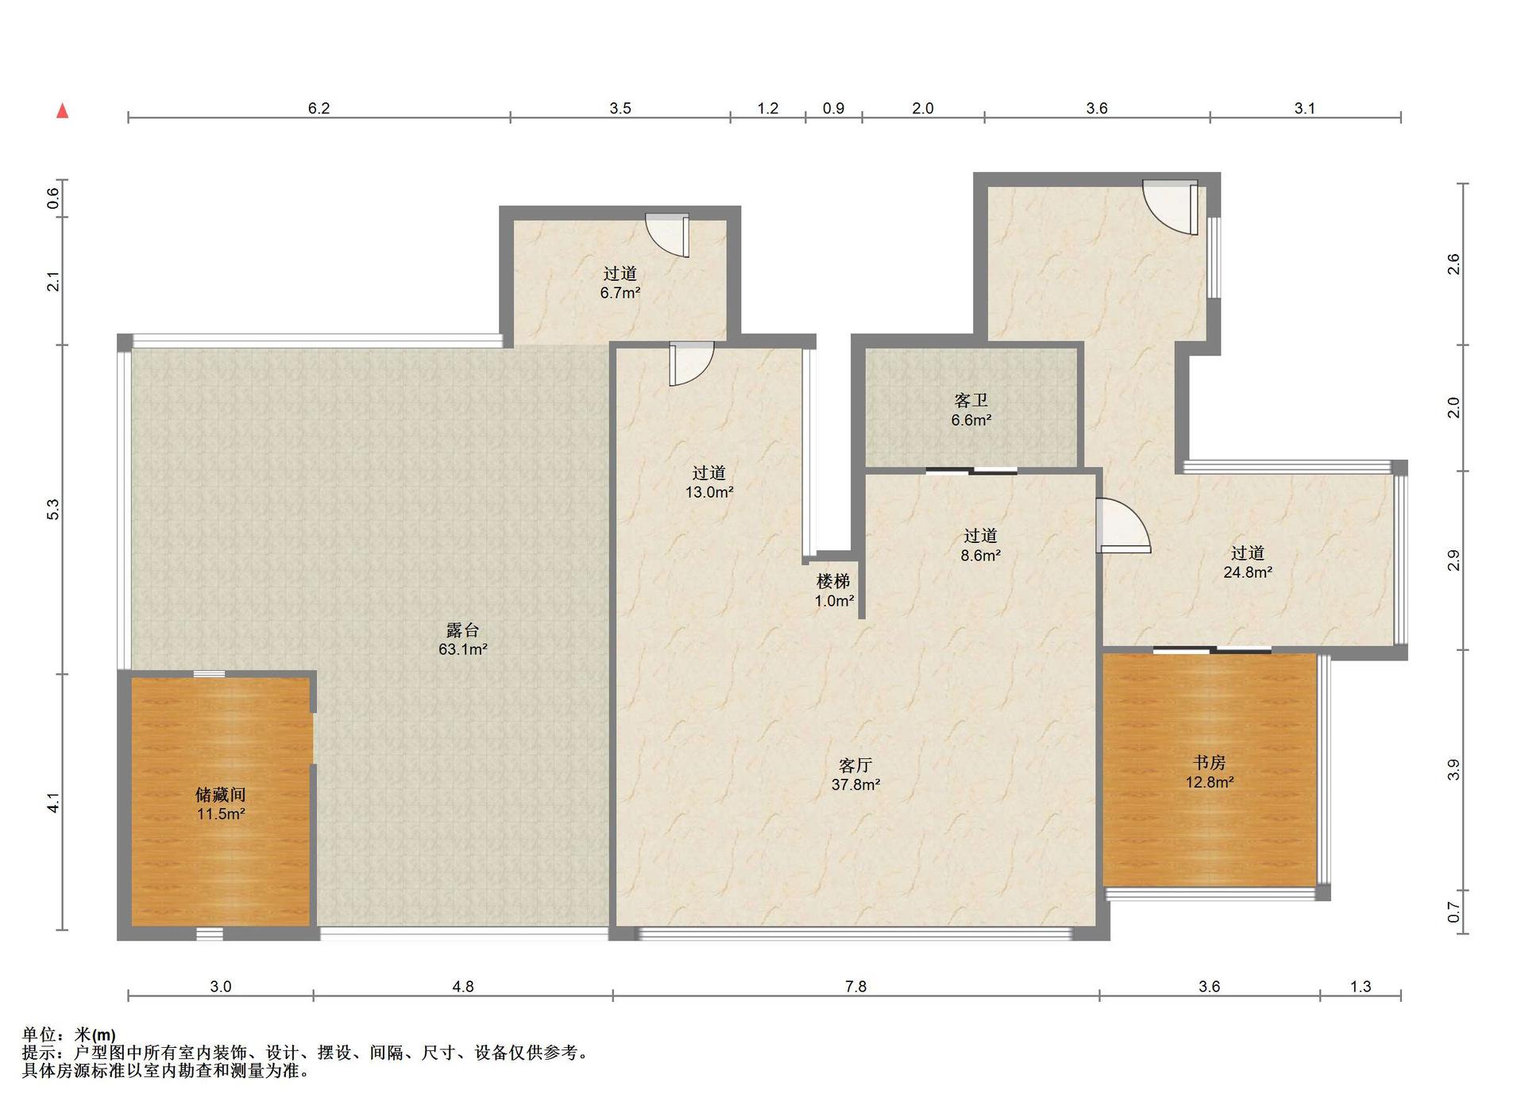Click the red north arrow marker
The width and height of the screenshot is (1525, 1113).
pyautogui.click(x=62, y=111)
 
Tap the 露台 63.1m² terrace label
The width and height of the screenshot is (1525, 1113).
pyautogui.click(x=462, y=640)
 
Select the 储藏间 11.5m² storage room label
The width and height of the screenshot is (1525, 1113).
pyautogui.click(x=221, y=804)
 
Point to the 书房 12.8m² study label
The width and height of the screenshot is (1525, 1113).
pyautogui.click(x=1209, y=772)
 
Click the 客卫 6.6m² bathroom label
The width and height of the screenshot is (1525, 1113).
pyautogui.click(x=971, y=410)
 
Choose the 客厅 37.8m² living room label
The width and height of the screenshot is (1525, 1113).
pyautogui.click(x=855, y=775)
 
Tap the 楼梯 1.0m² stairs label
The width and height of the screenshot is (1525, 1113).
pyautogui.click(x=834, y=591)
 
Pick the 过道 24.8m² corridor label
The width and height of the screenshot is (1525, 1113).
pyautogui.click(x=1248, y=562)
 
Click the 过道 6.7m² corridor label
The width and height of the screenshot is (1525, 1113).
pyautogui.click(x=620, y=283)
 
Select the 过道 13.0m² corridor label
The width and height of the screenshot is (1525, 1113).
pyautogui.click(x=709, y=482)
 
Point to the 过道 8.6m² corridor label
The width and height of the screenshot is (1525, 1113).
pyautogui.click(x=980, y=545)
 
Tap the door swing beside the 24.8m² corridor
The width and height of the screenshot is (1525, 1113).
pyautogui.click(x=1122, y=525)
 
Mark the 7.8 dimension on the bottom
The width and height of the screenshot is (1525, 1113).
pyautogui.click(x=855, y=986)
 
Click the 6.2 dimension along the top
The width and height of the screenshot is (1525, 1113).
pyautogui.click(x=319, y=108)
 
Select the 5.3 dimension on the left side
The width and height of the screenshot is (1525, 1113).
pyautogui.click(x=53, y=510)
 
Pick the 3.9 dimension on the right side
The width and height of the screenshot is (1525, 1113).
pyautogui.click(x=1454, y=770)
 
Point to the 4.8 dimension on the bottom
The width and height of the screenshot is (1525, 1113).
pyautogui.click(x=463, y=986)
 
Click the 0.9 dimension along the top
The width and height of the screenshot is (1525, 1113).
pyautogui.click(x=833, y=108)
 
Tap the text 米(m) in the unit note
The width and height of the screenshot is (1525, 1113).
pyautogui.click(x=95, y=1034)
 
